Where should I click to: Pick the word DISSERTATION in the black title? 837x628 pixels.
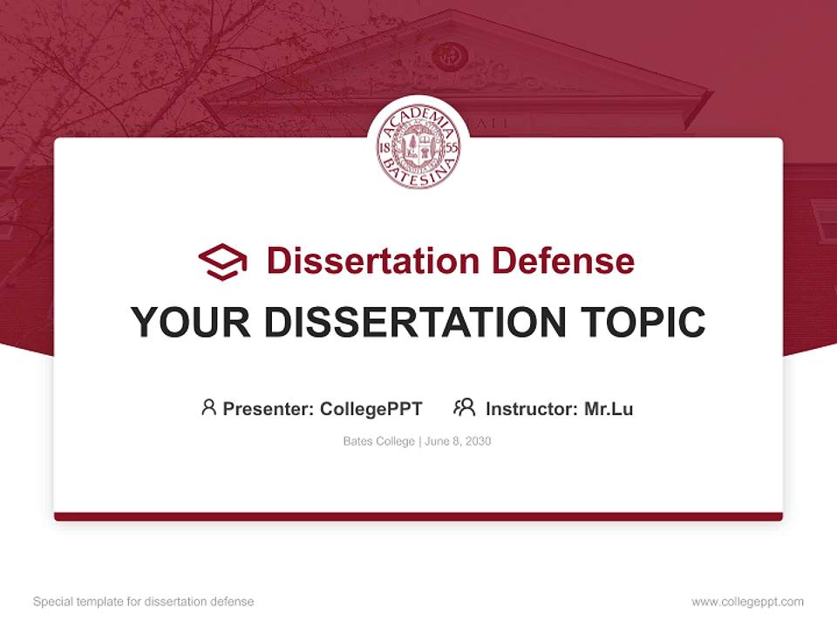coord(413,323)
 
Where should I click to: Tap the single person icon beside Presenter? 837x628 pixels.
coord(208,407)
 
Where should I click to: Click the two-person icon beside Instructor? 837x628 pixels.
coord(464,407)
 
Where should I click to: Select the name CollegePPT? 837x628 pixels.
coord(371,409)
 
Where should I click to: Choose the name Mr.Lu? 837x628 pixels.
coord(609,409)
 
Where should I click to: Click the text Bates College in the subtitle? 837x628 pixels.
coord(379,441)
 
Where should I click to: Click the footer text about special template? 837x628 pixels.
coord(144,602)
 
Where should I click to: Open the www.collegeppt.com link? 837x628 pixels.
coord(747,602)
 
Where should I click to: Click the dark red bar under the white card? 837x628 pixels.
coord(418,516)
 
